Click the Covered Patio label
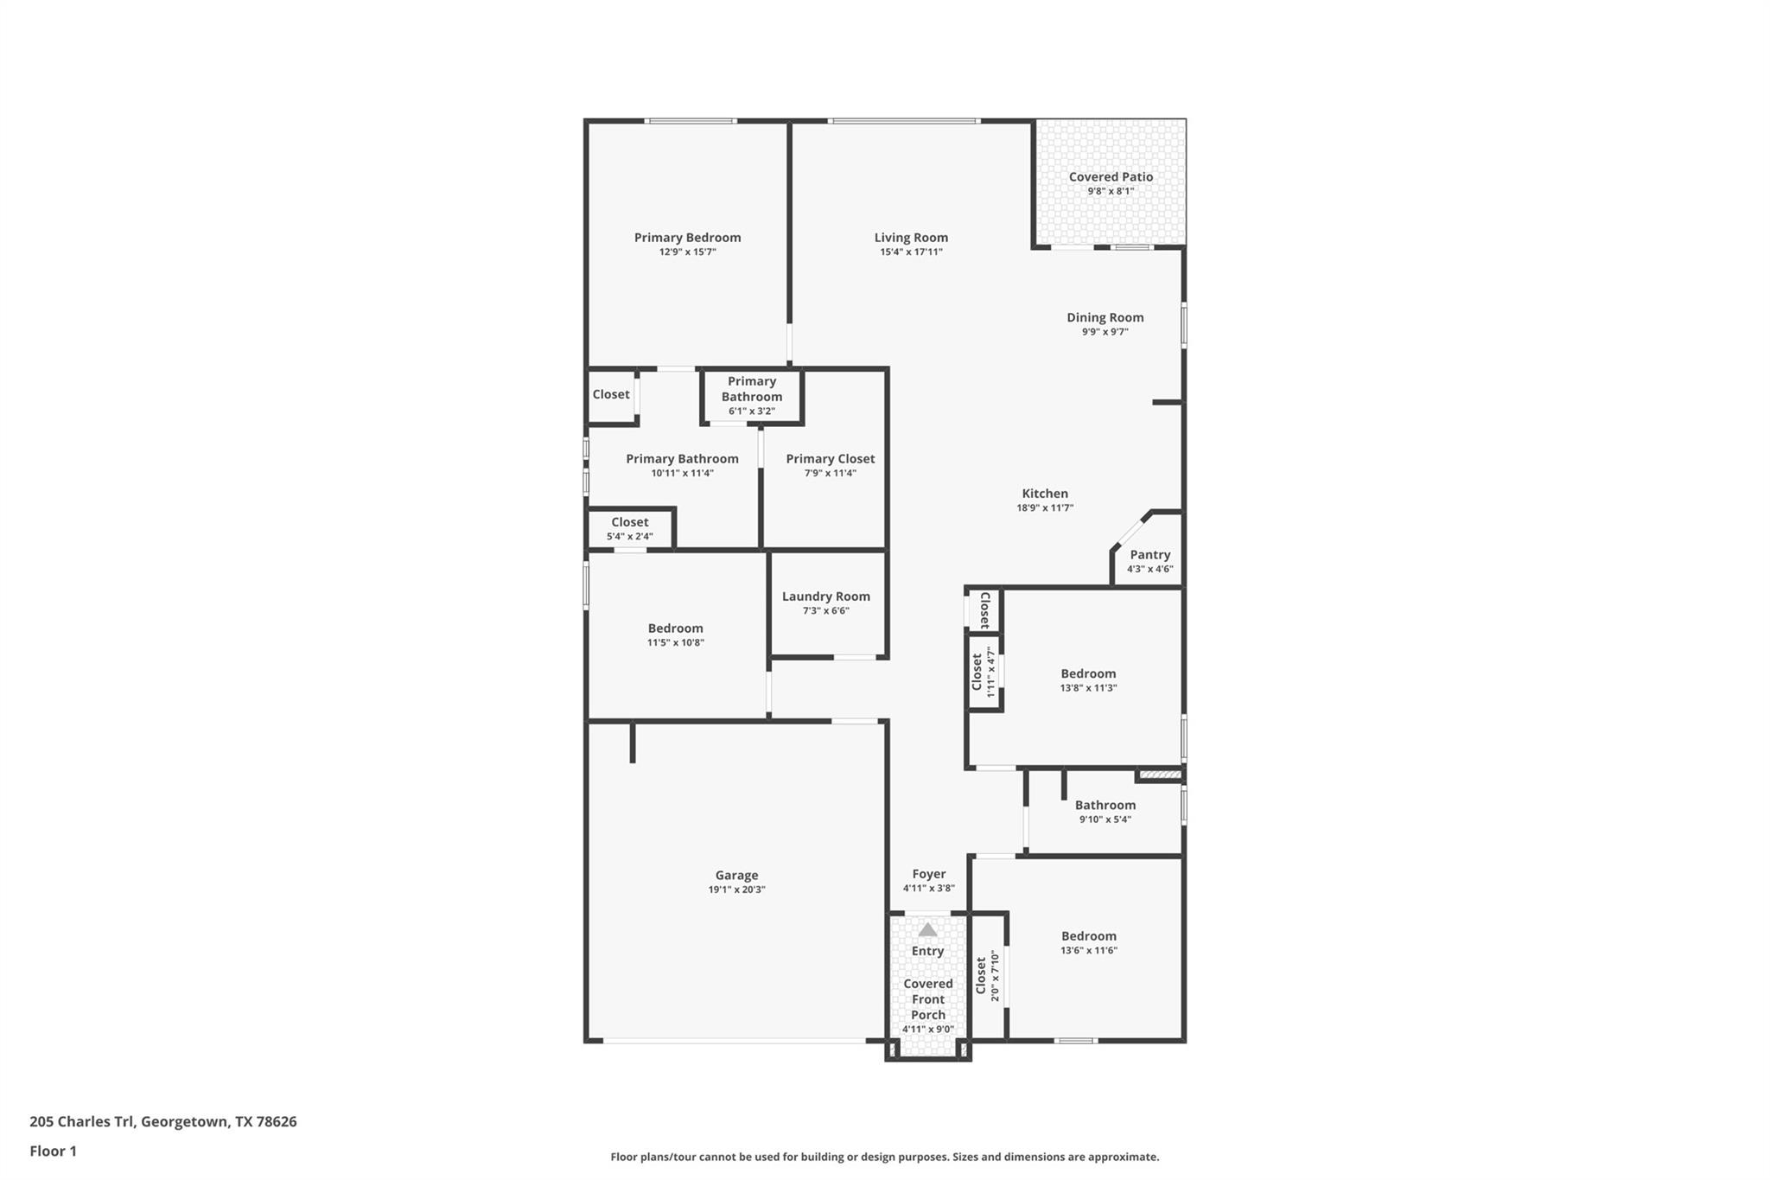(1111, 176)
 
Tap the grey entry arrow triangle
(927, 930)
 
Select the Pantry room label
(1149, 555)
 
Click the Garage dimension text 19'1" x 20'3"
(736, 890)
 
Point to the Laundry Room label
(825, 596)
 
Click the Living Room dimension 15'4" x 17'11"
(911, 252)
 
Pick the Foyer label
(929, 874)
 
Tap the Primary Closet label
(830, 459)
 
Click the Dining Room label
(1105, 317)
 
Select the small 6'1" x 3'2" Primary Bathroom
(751, 396)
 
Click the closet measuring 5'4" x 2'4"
(629, 528)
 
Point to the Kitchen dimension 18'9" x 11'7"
(1045, 508)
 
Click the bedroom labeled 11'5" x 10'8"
(675, 635)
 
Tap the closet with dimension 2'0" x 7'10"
(987, 976)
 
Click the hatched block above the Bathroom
(1160, 775)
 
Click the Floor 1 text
(53, 1151)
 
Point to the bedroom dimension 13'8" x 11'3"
(1088, 688)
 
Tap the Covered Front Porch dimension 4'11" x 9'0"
(927, 1030)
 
